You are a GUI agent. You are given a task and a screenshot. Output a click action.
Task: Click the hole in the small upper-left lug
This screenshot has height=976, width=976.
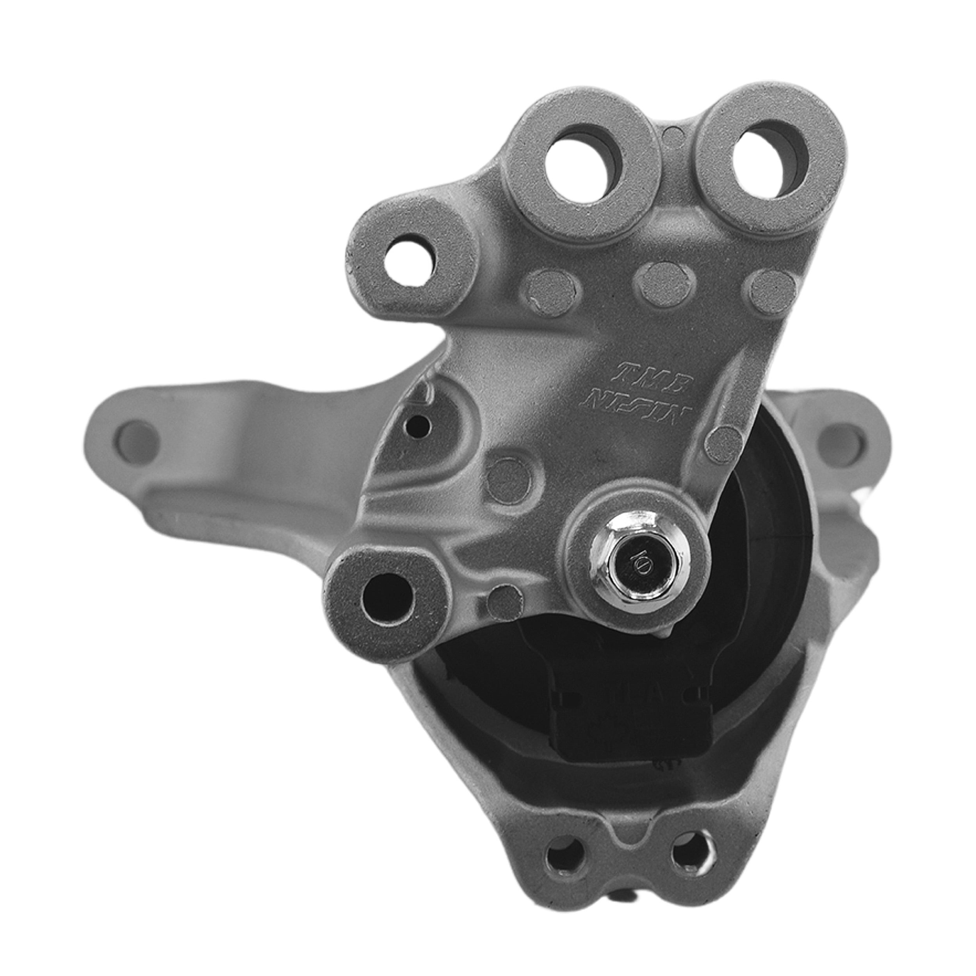(x=409, y=261)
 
